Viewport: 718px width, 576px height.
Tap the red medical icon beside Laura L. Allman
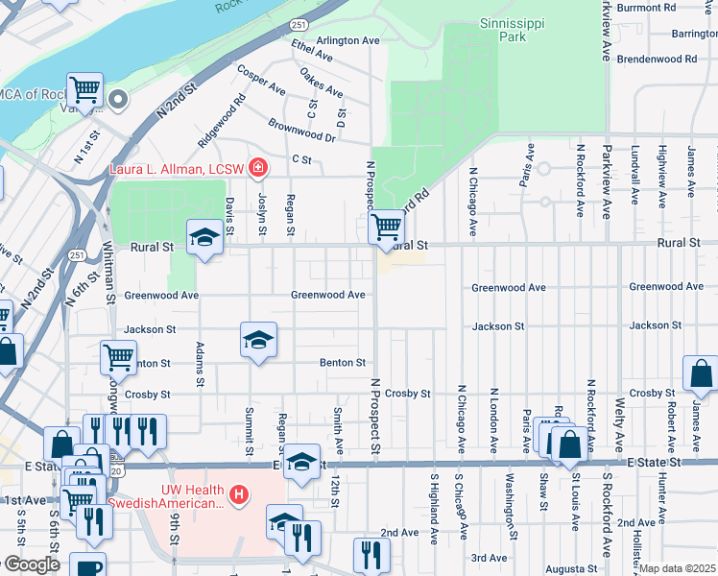coord(257,170)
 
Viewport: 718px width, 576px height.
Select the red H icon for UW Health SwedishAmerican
coord(240,495)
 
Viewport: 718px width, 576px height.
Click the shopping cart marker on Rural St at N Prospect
coord(386,228)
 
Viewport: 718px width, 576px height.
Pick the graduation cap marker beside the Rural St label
coord(204,237)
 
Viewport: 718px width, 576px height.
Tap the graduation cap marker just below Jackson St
coord(258,340)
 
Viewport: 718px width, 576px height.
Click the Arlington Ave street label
coord(349,41)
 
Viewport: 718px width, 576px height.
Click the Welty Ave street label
coord(620,420)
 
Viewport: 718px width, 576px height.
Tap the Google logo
coord(31,564)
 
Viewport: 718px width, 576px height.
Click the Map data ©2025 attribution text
coord(678,568)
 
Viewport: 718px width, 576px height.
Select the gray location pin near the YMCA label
coord(119,99)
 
